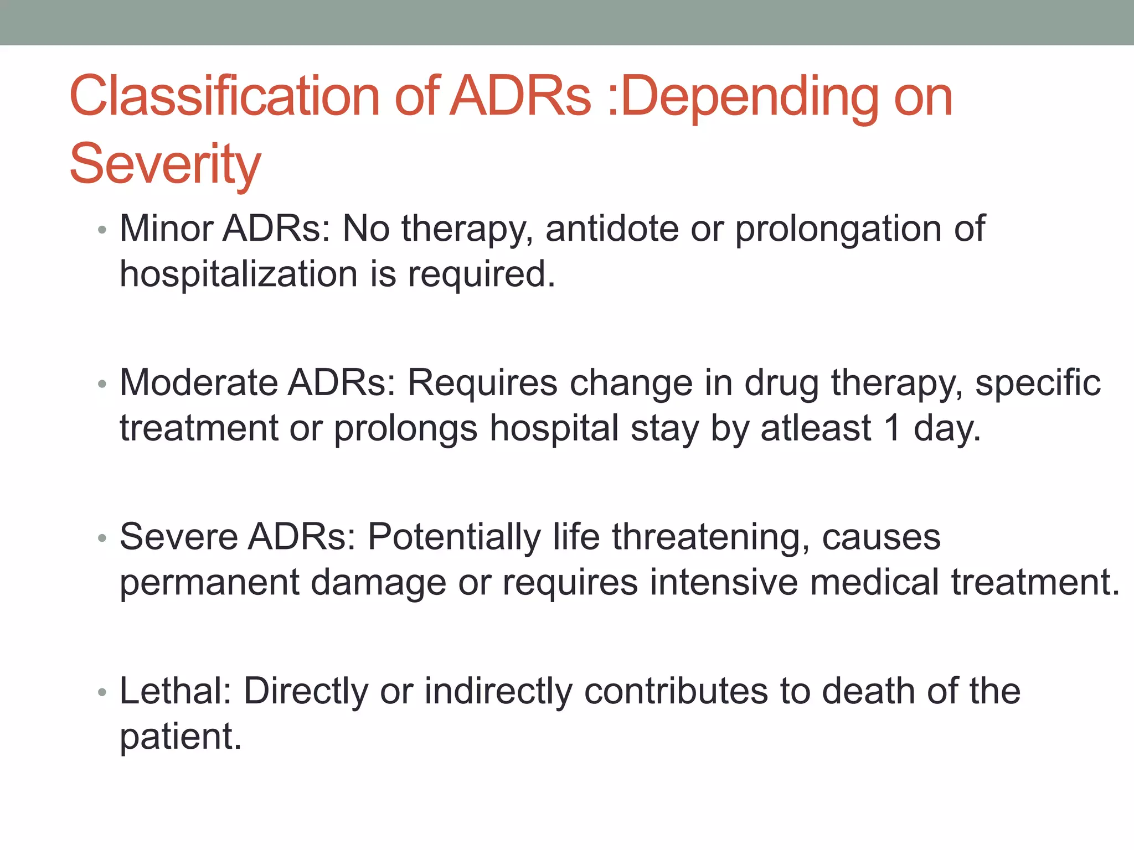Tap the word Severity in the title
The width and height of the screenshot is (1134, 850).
165,164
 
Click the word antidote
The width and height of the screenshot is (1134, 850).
612,229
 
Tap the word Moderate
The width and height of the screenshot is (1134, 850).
198,382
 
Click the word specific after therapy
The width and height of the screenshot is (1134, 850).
1038,383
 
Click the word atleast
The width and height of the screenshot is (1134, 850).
816,428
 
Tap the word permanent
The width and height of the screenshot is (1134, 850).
209,583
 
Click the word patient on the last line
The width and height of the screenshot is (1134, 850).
180,737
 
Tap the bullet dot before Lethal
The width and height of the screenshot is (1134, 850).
101,692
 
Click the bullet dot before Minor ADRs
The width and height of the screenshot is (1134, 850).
101,229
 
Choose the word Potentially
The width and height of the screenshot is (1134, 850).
454,537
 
